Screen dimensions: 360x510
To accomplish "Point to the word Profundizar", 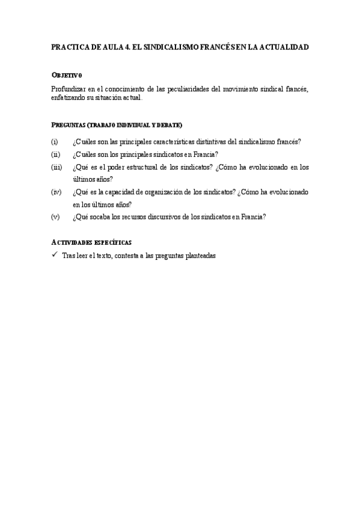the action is coord(69,89).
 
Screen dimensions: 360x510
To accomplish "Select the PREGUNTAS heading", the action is coord(68,125).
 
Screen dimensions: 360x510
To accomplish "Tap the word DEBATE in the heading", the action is coord(170,125).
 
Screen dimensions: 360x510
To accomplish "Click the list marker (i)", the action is coord(54,142).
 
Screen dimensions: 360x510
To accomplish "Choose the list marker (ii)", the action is coord(55,155).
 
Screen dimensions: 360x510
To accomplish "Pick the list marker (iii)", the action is coord(56,167).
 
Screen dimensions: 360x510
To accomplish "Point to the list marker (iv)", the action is coord(56,192).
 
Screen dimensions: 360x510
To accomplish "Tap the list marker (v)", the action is coord(55,217).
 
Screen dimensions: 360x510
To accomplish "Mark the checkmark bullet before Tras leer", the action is coord(54,254).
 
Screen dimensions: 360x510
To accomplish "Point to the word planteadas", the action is coord(196,255).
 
